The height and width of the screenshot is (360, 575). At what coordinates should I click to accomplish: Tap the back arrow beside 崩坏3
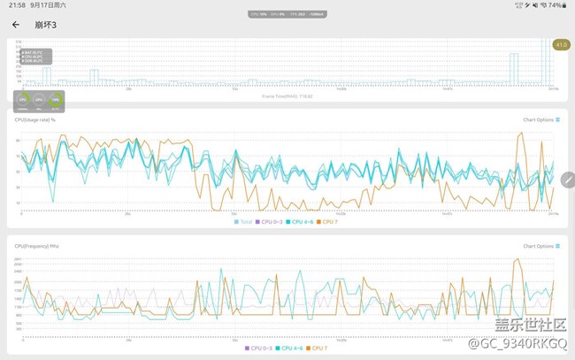click(x=16, y=25)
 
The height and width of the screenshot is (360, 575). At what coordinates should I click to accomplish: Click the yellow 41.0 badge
click(x=560, y=45)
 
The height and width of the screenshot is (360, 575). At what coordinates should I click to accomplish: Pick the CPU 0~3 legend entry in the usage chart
click(x=271, y=221)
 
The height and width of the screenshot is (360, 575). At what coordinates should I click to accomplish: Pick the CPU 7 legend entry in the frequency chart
click(x=317, y=348)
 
